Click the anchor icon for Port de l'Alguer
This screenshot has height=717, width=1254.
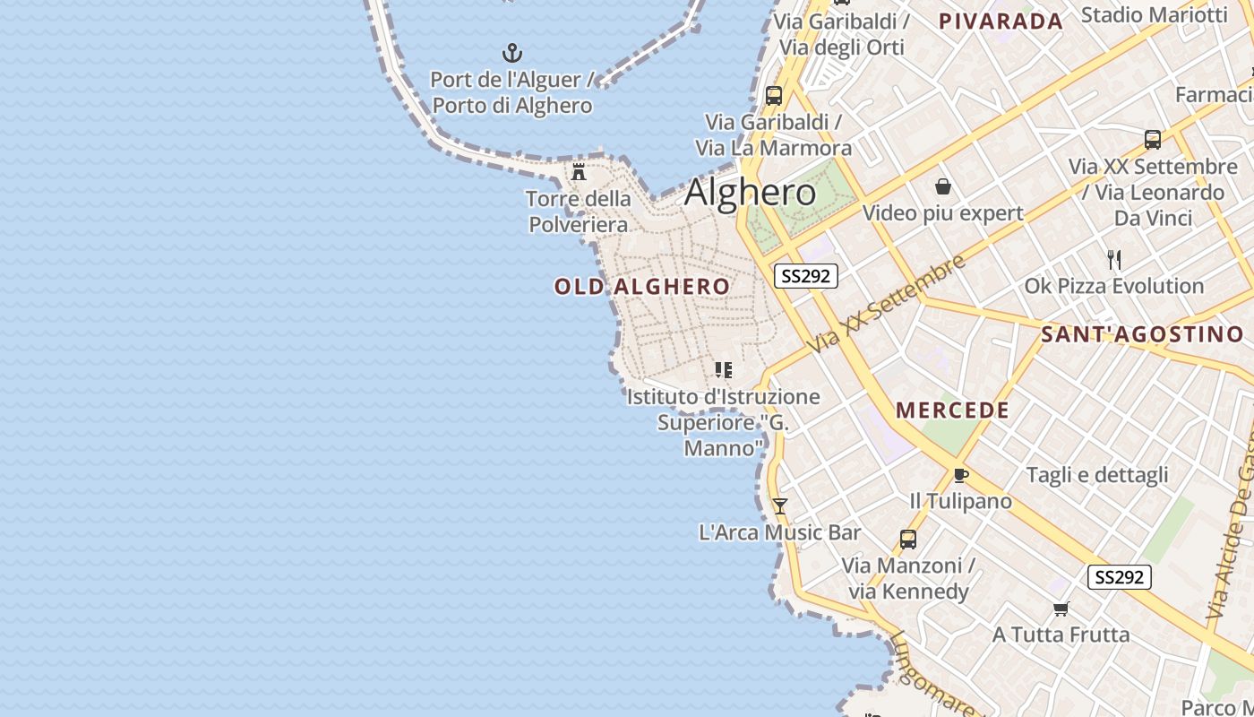[512, 53]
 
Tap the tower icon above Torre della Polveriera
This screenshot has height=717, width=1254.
[580, 171]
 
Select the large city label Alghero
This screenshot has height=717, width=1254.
[751, 193]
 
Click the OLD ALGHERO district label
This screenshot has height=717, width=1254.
[642, 287]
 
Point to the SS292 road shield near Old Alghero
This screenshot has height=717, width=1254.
[805, 276]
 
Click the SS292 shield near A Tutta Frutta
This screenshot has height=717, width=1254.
[1119, 577]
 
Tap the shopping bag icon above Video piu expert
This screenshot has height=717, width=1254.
[942, 186]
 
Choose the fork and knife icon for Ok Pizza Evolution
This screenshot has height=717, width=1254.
[1114, 260]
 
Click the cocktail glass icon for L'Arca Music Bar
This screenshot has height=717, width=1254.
[780, 506]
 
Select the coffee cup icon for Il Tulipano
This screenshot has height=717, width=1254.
[961, 475]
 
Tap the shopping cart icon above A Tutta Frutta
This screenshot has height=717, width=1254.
[1061, 609]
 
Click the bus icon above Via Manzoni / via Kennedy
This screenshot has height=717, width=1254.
[908, 540]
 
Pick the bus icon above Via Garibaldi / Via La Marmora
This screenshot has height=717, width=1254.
[774, 95]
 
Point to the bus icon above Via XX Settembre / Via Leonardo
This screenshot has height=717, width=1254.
[1153, 140]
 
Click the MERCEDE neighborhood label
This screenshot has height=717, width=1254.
[953, 410]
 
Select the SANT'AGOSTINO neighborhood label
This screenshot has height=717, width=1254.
[1143, 335]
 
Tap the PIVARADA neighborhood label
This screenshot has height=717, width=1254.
[1001, 22]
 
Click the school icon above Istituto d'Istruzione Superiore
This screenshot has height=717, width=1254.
[724, 369]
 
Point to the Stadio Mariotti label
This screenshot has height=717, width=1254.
[1154, 14]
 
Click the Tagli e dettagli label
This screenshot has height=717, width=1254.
[1097, 475]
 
